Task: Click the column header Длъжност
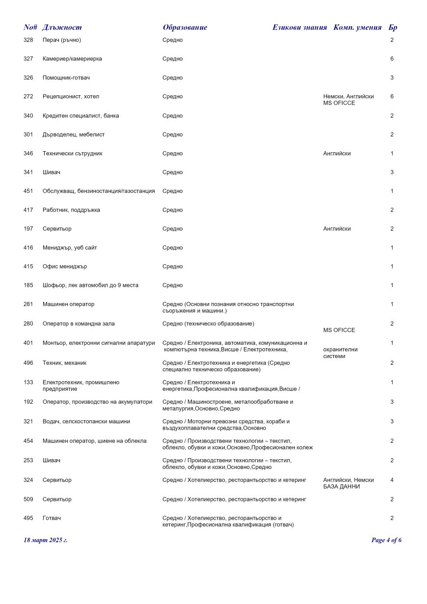click(62, 27)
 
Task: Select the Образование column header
click(185, 27)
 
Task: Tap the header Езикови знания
click(299, 27)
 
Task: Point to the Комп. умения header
click(357, 27)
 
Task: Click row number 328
click(28, 40)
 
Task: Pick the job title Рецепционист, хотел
click(71, 97)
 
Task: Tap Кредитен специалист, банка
click(80, 116)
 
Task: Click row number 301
click(28, 135)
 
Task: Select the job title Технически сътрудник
click(72, 154)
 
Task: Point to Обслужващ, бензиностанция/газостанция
click(99, 191)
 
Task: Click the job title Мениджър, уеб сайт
click(70, 248)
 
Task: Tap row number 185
click(28, 285)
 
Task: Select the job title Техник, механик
click(64, 363)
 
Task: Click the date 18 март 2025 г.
click(46, 540)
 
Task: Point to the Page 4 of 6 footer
click(386, 540)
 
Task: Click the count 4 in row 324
click(392, 480)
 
